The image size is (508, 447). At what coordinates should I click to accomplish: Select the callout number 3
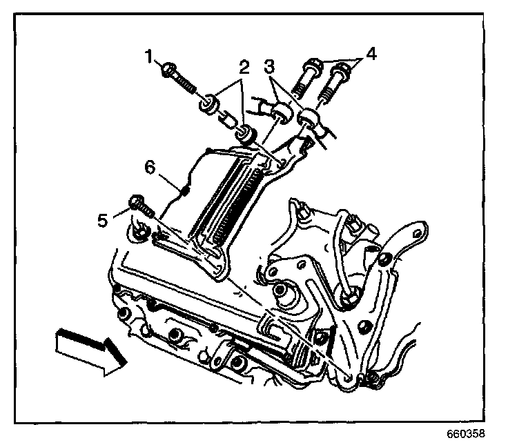[271, 68]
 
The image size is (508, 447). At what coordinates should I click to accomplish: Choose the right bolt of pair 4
[339, 72]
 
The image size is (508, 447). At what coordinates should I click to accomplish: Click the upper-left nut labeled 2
[208, 106]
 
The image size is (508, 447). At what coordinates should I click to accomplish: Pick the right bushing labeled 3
[308, 117]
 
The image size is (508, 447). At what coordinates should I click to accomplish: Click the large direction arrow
[89, 351]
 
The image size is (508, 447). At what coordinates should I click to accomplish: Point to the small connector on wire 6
[184, 188]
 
